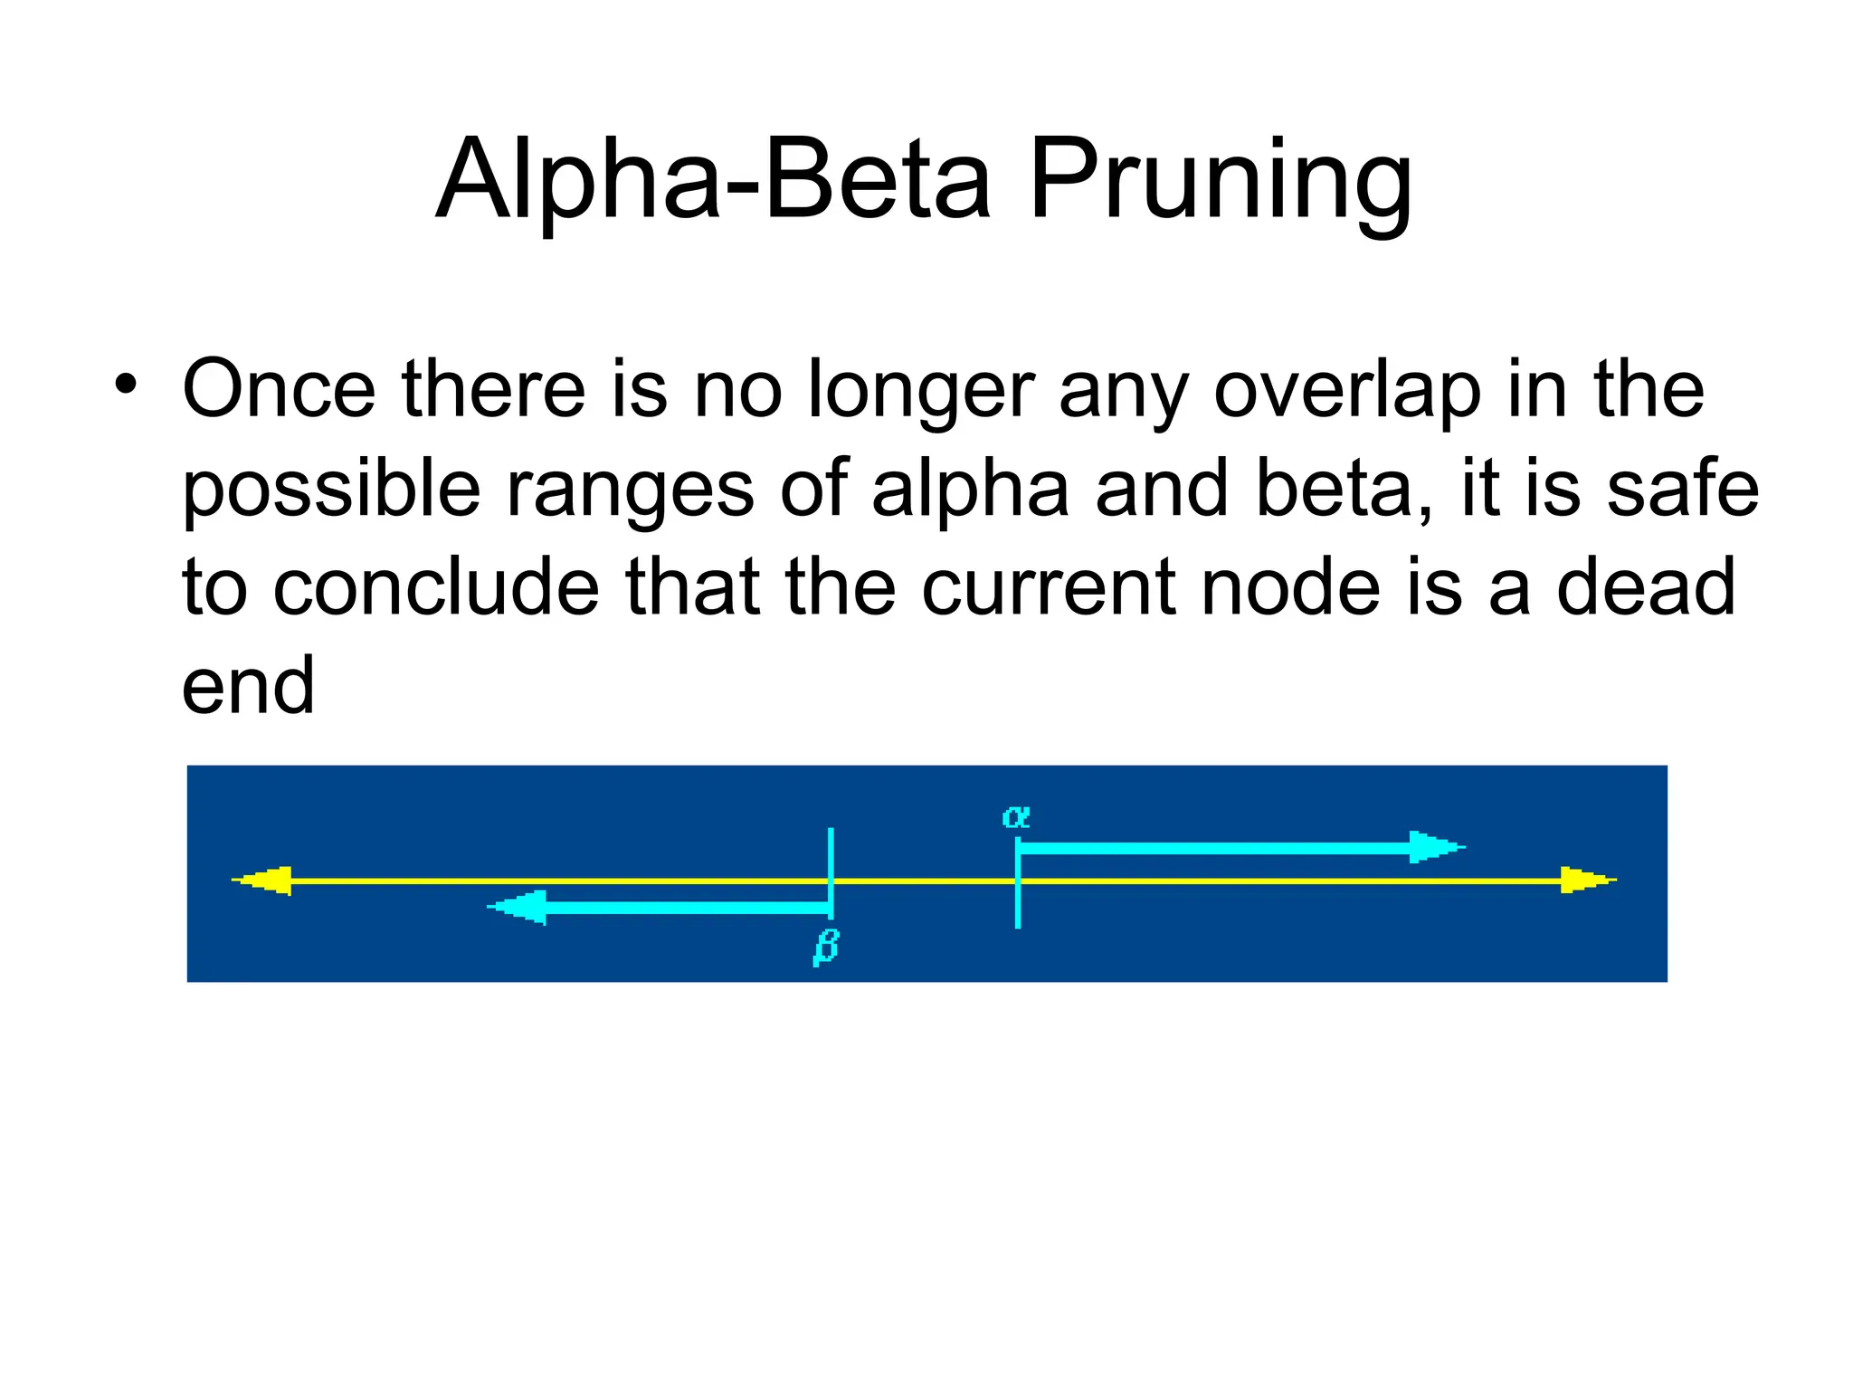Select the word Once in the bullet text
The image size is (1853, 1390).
(x=279, y=389)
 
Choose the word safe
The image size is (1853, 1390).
(x=1682, y=489)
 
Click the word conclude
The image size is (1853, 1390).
(x=436, y=587)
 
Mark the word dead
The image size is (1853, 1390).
(x=1646, y=587)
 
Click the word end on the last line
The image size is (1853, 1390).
(x=248, y=686)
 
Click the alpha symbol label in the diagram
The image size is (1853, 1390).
(x=1016, y=817)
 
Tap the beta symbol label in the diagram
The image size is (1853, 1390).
(x=826, y=947)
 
